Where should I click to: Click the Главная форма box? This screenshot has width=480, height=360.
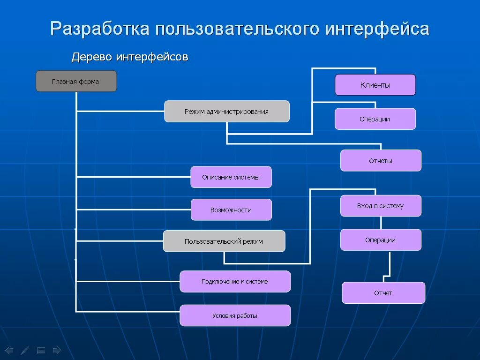[x=76, y=81]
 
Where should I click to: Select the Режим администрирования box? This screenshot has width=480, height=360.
[x=226, y=112]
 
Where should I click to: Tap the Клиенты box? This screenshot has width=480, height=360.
[x=375, y=85]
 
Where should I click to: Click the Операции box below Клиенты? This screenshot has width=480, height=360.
[x=375, y=119]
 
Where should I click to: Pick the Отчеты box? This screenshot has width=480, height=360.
[x=381, y=161]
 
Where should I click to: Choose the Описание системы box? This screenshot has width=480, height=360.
[x=231, y=177]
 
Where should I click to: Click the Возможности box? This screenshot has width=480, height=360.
[x=231, y=210]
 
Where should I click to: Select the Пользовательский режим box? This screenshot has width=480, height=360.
[x=224, y=241]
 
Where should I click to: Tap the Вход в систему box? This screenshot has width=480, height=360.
[x=381, y=206]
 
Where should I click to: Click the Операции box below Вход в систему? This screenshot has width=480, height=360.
[x=381, y=240]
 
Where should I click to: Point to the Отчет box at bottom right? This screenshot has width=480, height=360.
[x=383, y=293]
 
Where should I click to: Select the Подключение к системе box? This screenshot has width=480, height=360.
[x=235, y=282]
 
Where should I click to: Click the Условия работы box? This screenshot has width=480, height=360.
[x=235, y=316]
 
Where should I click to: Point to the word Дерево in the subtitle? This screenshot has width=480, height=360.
[x=92, y=57]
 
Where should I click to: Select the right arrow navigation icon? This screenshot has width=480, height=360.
[x=57, y=350]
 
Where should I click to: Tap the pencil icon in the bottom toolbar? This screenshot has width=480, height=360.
[x=25, y=350]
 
